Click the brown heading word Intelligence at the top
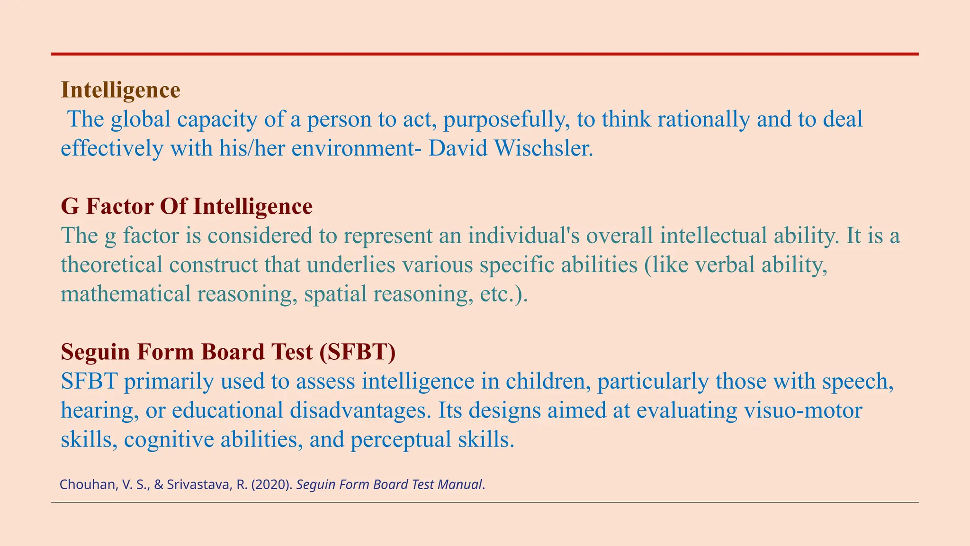click(x=120, y=90)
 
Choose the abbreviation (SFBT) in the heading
click(x=357, y=352)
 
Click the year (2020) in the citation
click(x=276, y=485)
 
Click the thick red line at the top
click(x=485, y=55)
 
